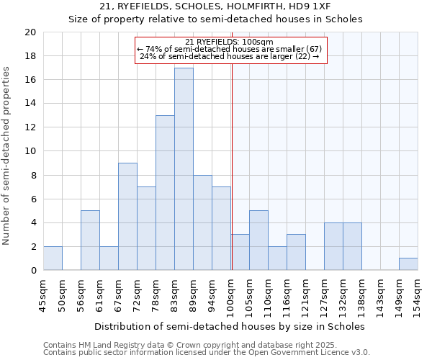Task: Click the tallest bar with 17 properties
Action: [184, 169]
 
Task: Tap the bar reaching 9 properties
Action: [127, 217]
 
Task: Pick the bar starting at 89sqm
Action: [202, 222]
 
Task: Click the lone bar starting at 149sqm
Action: [408, 264]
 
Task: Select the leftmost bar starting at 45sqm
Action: [53, 258]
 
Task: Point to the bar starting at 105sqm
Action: [258, 240]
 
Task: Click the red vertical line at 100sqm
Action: [232, 180]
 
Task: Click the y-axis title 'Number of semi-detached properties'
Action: [7, 156]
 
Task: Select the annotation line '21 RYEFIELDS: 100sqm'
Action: [229, 42]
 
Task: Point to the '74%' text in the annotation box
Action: [154, 49]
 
